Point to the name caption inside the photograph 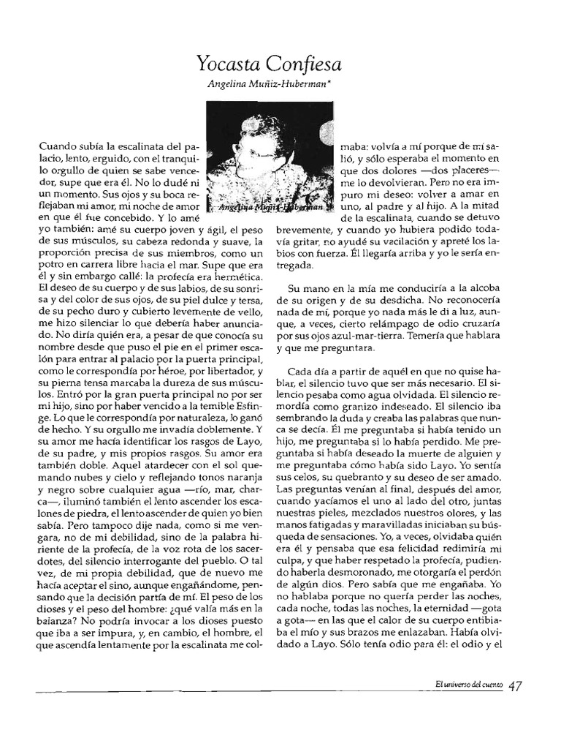click(x=267, y=208)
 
